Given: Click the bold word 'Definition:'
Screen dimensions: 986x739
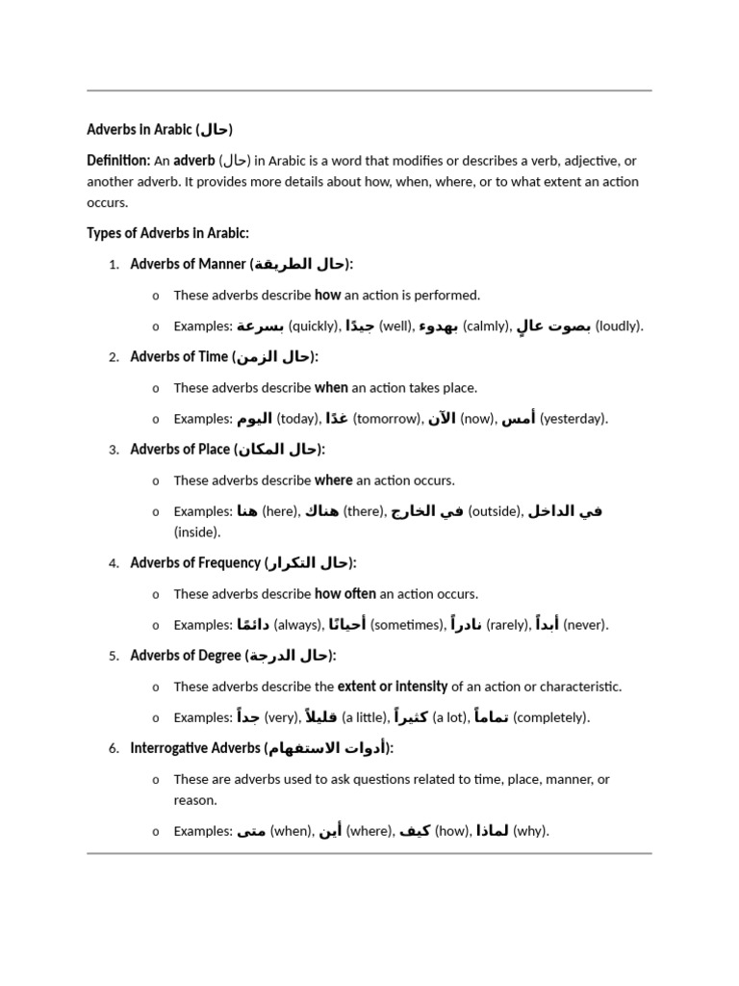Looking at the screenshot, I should coord(118,160).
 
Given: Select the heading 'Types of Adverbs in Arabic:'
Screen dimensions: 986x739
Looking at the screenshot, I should coord(167,233).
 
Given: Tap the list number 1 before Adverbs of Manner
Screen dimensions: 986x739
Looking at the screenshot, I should coord(114,265).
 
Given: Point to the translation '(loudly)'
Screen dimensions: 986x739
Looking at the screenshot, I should coord(619,326).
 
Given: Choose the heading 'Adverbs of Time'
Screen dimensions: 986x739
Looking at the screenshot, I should coord(179,357).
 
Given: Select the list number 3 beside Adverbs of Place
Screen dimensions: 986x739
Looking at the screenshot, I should coord(114,450).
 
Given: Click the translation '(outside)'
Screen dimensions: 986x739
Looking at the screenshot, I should coord(495,511).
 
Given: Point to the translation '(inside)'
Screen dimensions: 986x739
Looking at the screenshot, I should coord(197,532).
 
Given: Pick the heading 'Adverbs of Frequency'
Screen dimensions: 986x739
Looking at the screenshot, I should coord(195,563).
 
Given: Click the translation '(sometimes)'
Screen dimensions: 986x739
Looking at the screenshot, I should coord(408,625).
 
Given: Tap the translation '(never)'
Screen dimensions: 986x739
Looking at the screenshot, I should coord(585,625).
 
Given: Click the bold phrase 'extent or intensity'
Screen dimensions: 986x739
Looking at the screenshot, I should coord(392,687).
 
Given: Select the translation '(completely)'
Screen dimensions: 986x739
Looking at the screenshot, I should coord(551,717).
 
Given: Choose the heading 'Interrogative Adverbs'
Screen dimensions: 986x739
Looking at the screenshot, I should coord(195,748).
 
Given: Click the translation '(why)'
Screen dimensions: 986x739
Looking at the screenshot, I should coord(530,831).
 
